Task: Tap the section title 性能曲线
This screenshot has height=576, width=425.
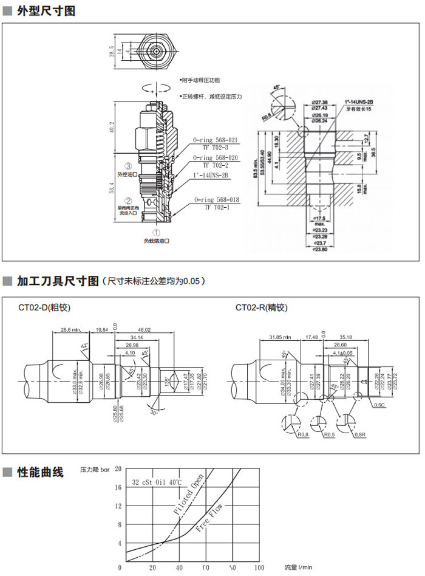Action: tap(40, 472)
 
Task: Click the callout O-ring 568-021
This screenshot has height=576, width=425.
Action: tap(216, 140)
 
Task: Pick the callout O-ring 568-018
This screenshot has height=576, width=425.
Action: tap(216, 199)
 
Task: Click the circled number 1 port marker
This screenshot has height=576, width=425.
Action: tap(156, 231)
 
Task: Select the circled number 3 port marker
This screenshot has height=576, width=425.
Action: tap(128, 166)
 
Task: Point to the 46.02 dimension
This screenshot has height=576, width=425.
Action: tap(144, 330)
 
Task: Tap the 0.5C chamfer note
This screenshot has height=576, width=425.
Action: tap(363, 405)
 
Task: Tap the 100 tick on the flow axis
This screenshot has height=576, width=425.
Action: tap(259, 567)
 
